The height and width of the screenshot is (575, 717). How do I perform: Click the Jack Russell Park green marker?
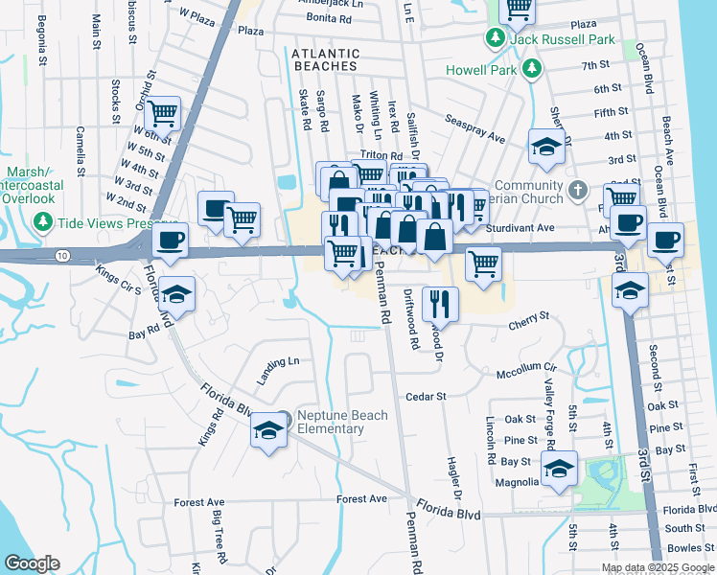(x=495, y=38)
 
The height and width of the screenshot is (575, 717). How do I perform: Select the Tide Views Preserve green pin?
(x=42, y=222)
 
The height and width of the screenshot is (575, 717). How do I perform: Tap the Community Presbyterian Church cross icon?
(x=576, y=190)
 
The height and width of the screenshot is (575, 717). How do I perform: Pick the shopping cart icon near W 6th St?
(x=164, y=113)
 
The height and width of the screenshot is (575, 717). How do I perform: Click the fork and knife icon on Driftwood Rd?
(x=440, y=303)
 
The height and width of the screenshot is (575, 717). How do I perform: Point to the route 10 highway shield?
(x=62, y=255)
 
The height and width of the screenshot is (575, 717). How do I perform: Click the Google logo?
(x=32, y=563)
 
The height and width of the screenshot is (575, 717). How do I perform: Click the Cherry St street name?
(x=528, y=316)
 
